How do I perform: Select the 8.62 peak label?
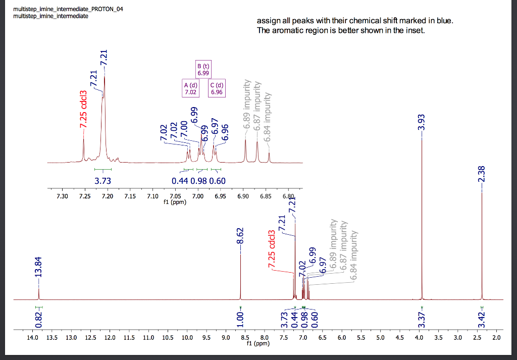pyautogui.click(x=241, y=235)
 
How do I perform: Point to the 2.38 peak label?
pyautogui.click(x=481, y=175)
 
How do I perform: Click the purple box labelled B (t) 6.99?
pyautogui.click(x=203, y=70)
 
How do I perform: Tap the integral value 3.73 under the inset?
pyautogui.click(x=102, y=181)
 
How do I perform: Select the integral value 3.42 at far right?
pyautogui.click(x=481, y=319)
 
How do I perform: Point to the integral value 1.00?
pyautogui.click(x=241, y=319)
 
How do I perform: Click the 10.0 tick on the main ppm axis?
pyautogui.click(x=187, y=337)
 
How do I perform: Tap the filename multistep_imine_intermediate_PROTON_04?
pyautogui.click(x=68, y=9)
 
